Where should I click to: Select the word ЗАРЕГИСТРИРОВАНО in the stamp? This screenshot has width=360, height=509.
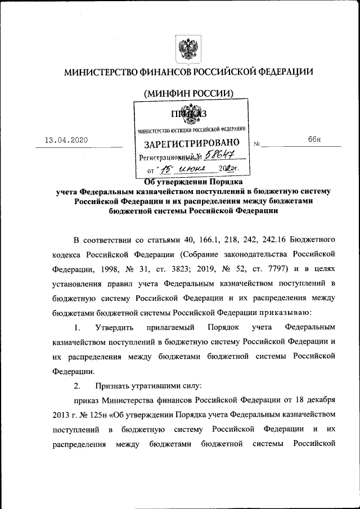[x=192, y=143]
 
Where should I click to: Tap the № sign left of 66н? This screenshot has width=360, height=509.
[x=257, y=143]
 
